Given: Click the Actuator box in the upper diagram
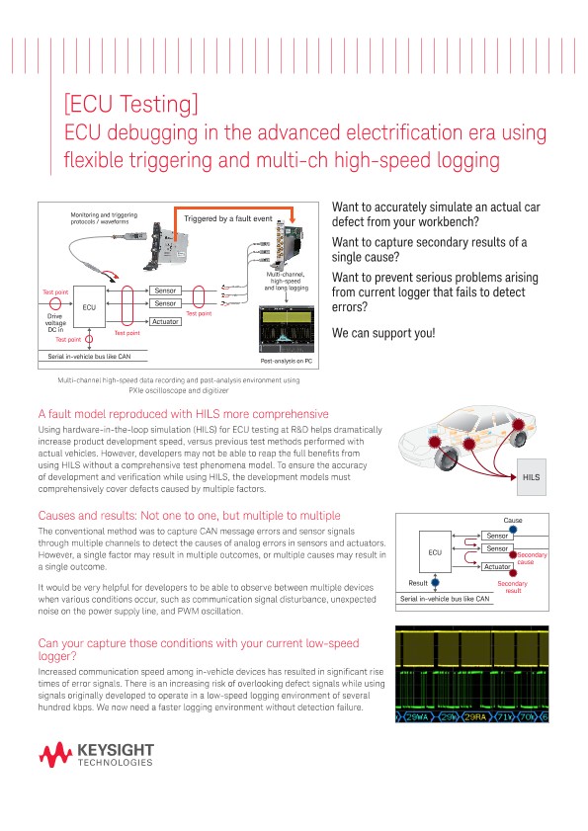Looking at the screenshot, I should [164, 321].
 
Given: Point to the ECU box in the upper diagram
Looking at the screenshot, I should [88, 308].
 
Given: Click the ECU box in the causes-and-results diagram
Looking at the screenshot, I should [435, 552].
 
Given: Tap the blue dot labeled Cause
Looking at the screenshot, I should [513, 530].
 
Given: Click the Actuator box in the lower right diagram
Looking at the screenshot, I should [497, 566].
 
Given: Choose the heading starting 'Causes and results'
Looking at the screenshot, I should [188, 516].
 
